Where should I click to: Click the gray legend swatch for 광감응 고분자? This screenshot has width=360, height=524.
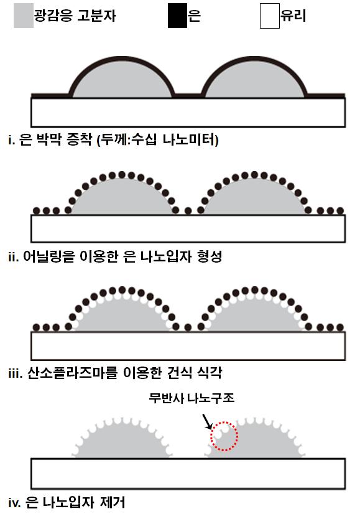(24, 16)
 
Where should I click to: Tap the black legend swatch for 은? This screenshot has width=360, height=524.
(177, 16)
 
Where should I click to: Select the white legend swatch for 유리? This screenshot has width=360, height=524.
(270, 16)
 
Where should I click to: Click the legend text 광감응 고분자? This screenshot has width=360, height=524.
(75, 16)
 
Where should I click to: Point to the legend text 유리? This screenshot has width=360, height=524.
(293, 16)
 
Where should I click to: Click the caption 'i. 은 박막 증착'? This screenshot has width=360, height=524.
(50, 139)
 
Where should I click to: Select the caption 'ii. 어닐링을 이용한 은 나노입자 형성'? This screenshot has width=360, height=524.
(115, 256)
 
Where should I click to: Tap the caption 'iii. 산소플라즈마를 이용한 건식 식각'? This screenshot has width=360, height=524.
(115, 373)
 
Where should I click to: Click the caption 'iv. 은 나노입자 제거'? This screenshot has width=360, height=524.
(67, 502)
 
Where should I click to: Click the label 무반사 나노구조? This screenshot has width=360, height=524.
(192, 398)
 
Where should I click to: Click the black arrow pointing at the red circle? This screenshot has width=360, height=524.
(207, 422)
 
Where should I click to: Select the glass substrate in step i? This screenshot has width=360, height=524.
(188, 112)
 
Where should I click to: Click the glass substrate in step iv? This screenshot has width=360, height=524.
(188, 474)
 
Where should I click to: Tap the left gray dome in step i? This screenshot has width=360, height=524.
(122, 80)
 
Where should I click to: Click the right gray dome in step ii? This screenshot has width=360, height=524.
(254, 198)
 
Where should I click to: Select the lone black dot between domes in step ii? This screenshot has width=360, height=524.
(188, 211)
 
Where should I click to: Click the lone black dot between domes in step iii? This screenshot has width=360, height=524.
(188, 327)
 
